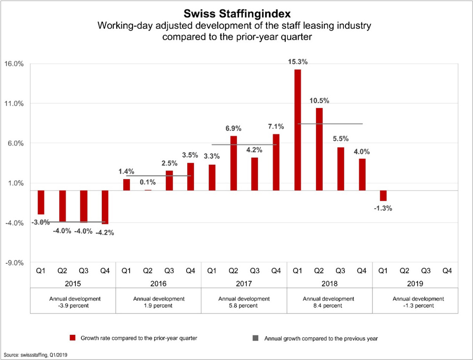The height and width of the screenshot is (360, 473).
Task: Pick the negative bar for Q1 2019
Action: [383, 195]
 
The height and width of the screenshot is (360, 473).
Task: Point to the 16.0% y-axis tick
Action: [14, 64]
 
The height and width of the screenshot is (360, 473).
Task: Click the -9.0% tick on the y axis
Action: [14, 263]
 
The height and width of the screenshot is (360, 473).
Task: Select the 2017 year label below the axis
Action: [244, 284]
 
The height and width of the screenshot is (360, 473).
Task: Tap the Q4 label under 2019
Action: [447, 271]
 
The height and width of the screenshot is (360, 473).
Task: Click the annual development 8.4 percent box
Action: [329, 302]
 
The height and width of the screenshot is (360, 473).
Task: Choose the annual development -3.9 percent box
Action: [72, 302]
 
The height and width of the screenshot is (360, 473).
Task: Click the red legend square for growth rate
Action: [72, 338]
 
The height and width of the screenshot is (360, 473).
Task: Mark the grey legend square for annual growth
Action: [255, 338]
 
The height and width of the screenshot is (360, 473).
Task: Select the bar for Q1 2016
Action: [127, 184]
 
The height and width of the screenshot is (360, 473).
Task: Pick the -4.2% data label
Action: [105, 233]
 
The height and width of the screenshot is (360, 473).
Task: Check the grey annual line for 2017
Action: [244, 144]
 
